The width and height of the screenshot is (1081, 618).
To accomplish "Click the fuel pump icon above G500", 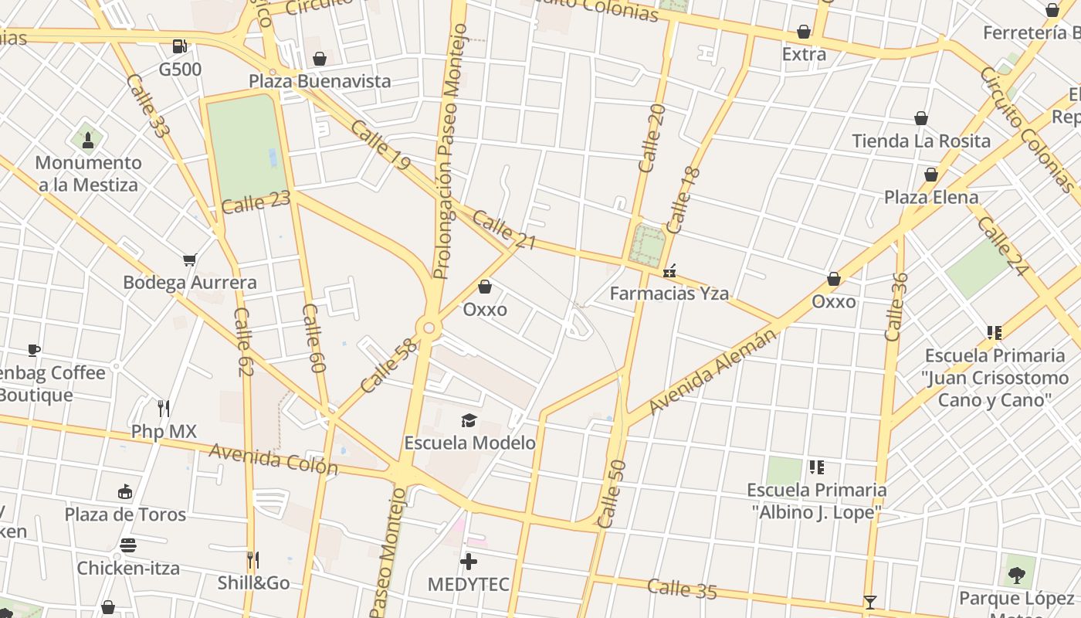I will [x=180, y=46].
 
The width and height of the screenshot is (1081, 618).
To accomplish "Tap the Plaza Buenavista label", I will [x=320, y=81].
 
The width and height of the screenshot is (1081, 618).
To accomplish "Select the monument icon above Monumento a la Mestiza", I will [x=88, y=140].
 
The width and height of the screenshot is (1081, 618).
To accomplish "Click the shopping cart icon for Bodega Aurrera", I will [x=190, y=260].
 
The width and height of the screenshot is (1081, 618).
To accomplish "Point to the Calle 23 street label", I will [x=256, y=203].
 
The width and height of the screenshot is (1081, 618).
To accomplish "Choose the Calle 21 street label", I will [x=504, y=230].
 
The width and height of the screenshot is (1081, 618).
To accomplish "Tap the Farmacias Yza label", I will [x=669, y=294].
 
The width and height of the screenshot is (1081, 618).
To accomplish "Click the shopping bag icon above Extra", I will [x=804, y=32].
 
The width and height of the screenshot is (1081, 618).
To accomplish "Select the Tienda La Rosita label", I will [x=921, y=141].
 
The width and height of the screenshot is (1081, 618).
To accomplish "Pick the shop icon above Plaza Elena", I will [x=931, y=175].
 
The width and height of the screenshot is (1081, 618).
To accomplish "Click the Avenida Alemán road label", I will [x=713, y=371].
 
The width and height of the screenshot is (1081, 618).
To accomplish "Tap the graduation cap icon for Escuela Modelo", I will [x=469, y=420].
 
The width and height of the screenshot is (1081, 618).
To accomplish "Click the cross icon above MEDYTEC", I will [x=469, y=562].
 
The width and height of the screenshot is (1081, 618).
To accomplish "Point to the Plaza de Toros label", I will [x=125, y=514].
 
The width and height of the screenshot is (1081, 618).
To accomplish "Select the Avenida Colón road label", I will [x=273, y=460].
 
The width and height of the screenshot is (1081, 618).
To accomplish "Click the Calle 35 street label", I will [x=682, y=589].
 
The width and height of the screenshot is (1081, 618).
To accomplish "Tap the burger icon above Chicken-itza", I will [x=128, y=546].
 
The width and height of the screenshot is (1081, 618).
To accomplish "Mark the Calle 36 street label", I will [x=896, y=307].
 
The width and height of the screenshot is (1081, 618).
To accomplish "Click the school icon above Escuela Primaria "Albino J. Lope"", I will [x=816, y=467].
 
